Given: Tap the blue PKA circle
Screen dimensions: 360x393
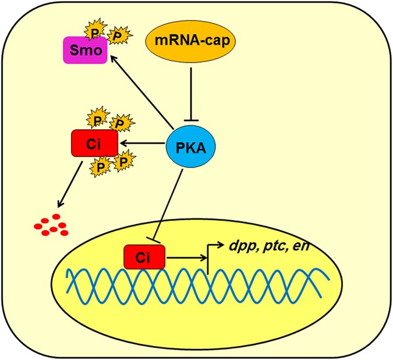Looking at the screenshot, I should [x=189, y=143].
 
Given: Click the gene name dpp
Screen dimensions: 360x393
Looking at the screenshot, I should [x=238, y=247].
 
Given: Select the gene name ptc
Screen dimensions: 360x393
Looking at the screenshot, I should [x=270, y=247].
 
